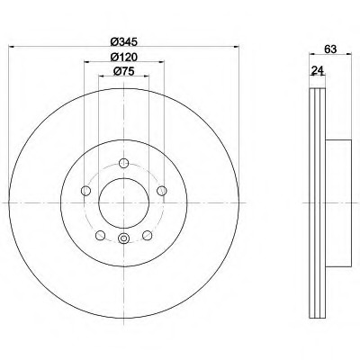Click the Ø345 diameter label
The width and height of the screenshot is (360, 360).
click(x=123, y=41)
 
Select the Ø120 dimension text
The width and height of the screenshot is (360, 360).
click(x=123, y=57)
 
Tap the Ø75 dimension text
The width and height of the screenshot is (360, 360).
click(x=123, y=71)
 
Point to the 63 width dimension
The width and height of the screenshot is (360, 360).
click(x=330, y=49)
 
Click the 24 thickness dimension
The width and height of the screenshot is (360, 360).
click(x=318, y=70)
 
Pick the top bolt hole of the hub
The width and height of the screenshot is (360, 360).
click(x=123, y=163)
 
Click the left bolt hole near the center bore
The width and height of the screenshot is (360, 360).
click(x=86, y=190)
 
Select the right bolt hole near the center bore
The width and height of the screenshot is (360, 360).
click(x=162, y=190)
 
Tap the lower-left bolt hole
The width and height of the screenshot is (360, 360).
click(x=100, y=235)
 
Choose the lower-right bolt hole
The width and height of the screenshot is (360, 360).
click(x=148, y=235)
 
